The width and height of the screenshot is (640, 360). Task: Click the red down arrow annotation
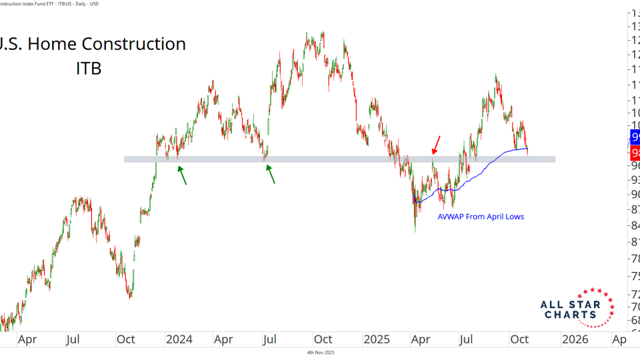pos(437,143)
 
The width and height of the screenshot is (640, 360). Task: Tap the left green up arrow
pos(181,175)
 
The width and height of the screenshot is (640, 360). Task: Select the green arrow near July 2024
pos(271,173)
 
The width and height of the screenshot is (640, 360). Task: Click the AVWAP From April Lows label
pos(481,217)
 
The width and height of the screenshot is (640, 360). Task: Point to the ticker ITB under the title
pos(88,67)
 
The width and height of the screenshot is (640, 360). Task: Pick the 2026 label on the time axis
pos(575,339)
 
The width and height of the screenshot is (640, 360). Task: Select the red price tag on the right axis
pos(634,153)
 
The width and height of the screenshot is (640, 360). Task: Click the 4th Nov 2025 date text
pos(320,352)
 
